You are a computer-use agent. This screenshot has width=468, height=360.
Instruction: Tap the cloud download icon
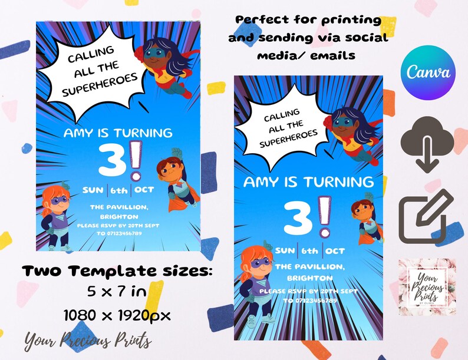(427, 144)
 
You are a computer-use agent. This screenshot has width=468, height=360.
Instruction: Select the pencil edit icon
(428, 216)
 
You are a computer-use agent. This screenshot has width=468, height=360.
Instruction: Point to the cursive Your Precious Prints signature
(88, 341)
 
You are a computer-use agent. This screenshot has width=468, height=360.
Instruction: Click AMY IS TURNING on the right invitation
(308, 181)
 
